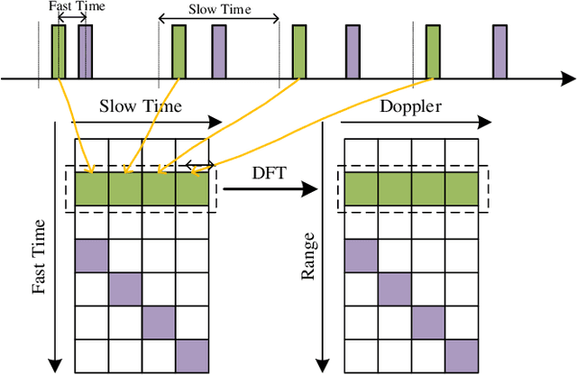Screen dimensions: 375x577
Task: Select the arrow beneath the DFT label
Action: click(271, 189)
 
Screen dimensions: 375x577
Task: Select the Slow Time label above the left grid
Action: click(141, 105)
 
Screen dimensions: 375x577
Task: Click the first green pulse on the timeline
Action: click(59, 52)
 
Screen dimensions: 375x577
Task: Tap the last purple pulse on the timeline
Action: click(499, 52)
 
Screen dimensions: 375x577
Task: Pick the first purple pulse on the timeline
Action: click(85, 52)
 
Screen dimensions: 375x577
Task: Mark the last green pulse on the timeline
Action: click(433, 52)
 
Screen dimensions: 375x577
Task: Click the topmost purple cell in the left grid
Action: click(91, 257)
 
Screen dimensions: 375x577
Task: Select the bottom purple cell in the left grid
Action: click(191, 354)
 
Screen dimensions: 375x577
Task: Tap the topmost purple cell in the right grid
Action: click(361, 257)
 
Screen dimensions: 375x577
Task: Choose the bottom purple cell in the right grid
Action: click(461, 354)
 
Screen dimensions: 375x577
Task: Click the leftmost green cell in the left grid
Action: click(91, 189)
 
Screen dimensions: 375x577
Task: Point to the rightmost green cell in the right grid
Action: click(461, 189)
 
